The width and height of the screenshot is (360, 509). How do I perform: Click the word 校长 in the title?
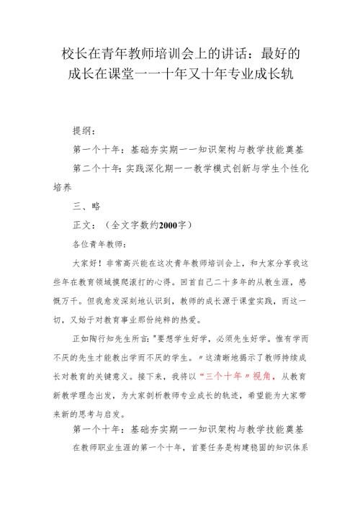click(71, 53)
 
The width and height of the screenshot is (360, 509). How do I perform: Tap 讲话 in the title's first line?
click(218, 53)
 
